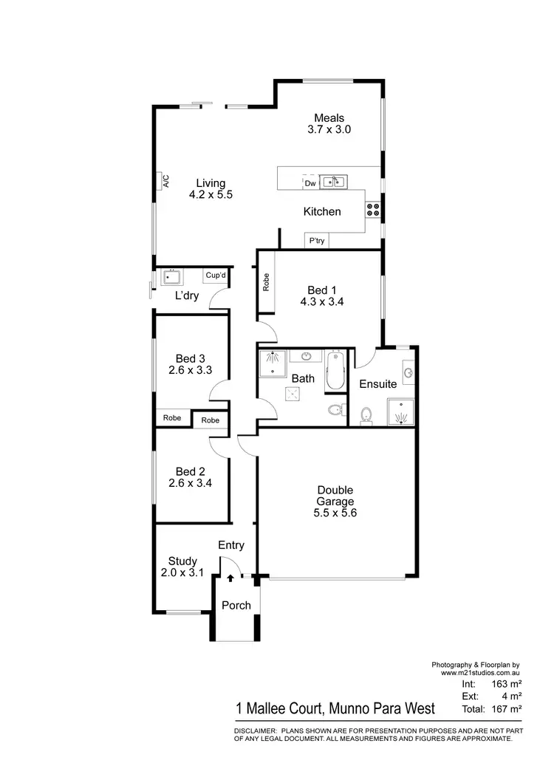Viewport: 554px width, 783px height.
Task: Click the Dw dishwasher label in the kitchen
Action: (310, 182)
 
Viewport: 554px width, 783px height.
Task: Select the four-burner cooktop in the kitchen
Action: (373, 210)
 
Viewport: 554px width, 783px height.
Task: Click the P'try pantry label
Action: (317, 241)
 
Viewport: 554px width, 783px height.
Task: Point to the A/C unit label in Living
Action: (166, 181)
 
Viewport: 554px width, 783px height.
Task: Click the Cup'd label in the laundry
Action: (216, 276)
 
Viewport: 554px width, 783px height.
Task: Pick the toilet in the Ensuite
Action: (365, 417)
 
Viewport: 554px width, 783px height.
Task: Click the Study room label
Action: (182, 561)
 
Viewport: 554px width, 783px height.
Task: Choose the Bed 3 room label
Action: (185, 358)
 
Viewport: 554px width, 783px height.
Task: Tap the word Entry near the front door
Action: (231, 545)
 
